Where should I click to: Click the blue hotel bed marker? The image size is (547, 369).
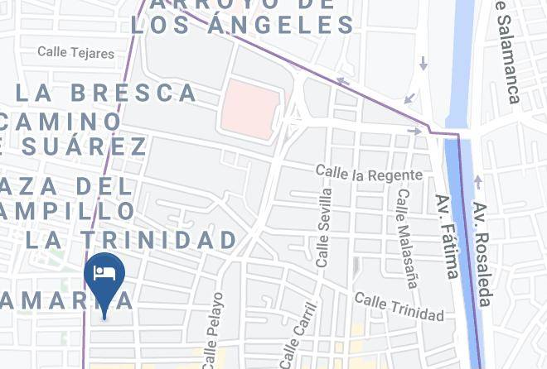coord(104,276)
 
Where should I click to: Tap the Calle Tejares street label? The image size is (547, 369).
coord(75,53)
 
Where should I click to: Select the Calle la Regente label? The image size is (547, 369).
coord(369,173)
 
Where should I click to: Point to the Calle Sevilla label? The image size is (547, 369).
coord(324,227)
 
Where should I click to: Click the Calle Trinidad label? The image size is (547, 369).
coord(399,306)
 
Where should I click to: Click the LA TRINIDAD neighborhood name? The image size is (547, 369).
coord(131,240)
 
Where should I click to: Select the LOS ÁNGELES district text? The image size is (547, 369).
coord(243,25)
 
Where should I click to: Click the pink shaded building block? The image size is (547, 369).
coord(249,108)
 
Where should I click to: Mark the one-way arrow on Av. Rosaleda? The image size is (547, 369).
coord(477,182)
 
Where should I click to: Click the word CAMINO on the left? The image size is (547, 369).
coord(61,121)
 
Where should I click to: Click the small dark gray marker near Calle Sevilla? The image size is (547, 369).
coord(356,266)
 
